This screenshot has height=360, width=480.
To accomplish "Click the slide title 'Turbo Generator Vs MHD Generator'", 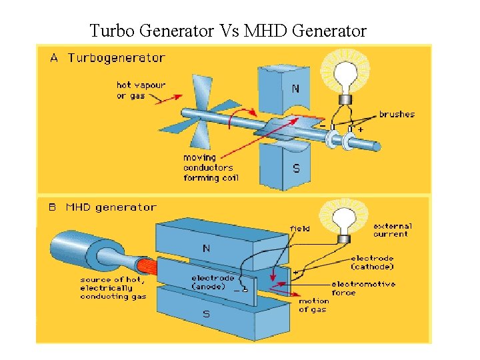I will pos(228,31).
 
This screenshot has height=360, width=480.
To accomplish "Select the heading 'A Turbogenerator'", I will pos(107,58).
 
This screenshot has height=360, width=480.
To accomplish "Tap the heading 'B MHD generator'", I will pos(103,207).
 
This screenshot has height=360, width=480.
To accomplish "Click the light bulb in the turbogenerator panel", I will pos(346,75).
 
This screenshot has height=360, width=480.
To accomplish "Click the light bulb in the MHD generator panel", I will pos(345,219).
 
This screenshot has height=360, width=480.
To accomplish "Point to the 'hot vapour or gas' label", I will pos(141,91).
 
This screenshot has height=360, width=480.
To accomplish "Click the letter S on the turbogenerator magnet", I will pos(296,169).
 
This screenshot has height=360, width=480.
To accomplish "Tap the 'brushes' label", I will pos(397,114).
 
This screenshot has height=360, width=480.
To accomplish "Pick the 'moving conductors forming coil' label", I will pos(211,168).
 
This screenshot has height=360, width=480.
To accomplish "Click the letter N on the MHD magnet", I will pos(206,248).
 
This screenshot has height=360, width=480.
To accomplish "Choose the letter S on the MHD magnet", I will pos(206,313).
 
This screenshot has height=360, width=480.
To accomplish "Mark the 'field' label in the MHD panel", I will pos(299,229).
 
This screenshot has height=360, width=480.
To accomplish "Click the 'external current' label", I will pos(393,230).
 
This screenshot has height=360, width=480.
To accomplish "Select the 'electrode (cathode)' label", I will pos(372,262).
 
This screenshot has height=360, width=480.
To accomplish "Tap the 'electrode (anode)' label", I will pos(213,282).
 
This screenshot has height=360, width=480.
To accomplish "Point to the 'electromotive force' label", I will pos(363,288).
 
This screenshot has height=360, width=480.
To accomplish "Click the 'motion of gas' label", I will pos(313,305).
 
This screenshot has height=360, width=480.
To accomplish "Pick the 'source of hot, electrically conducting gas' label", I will pos(113,288).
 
